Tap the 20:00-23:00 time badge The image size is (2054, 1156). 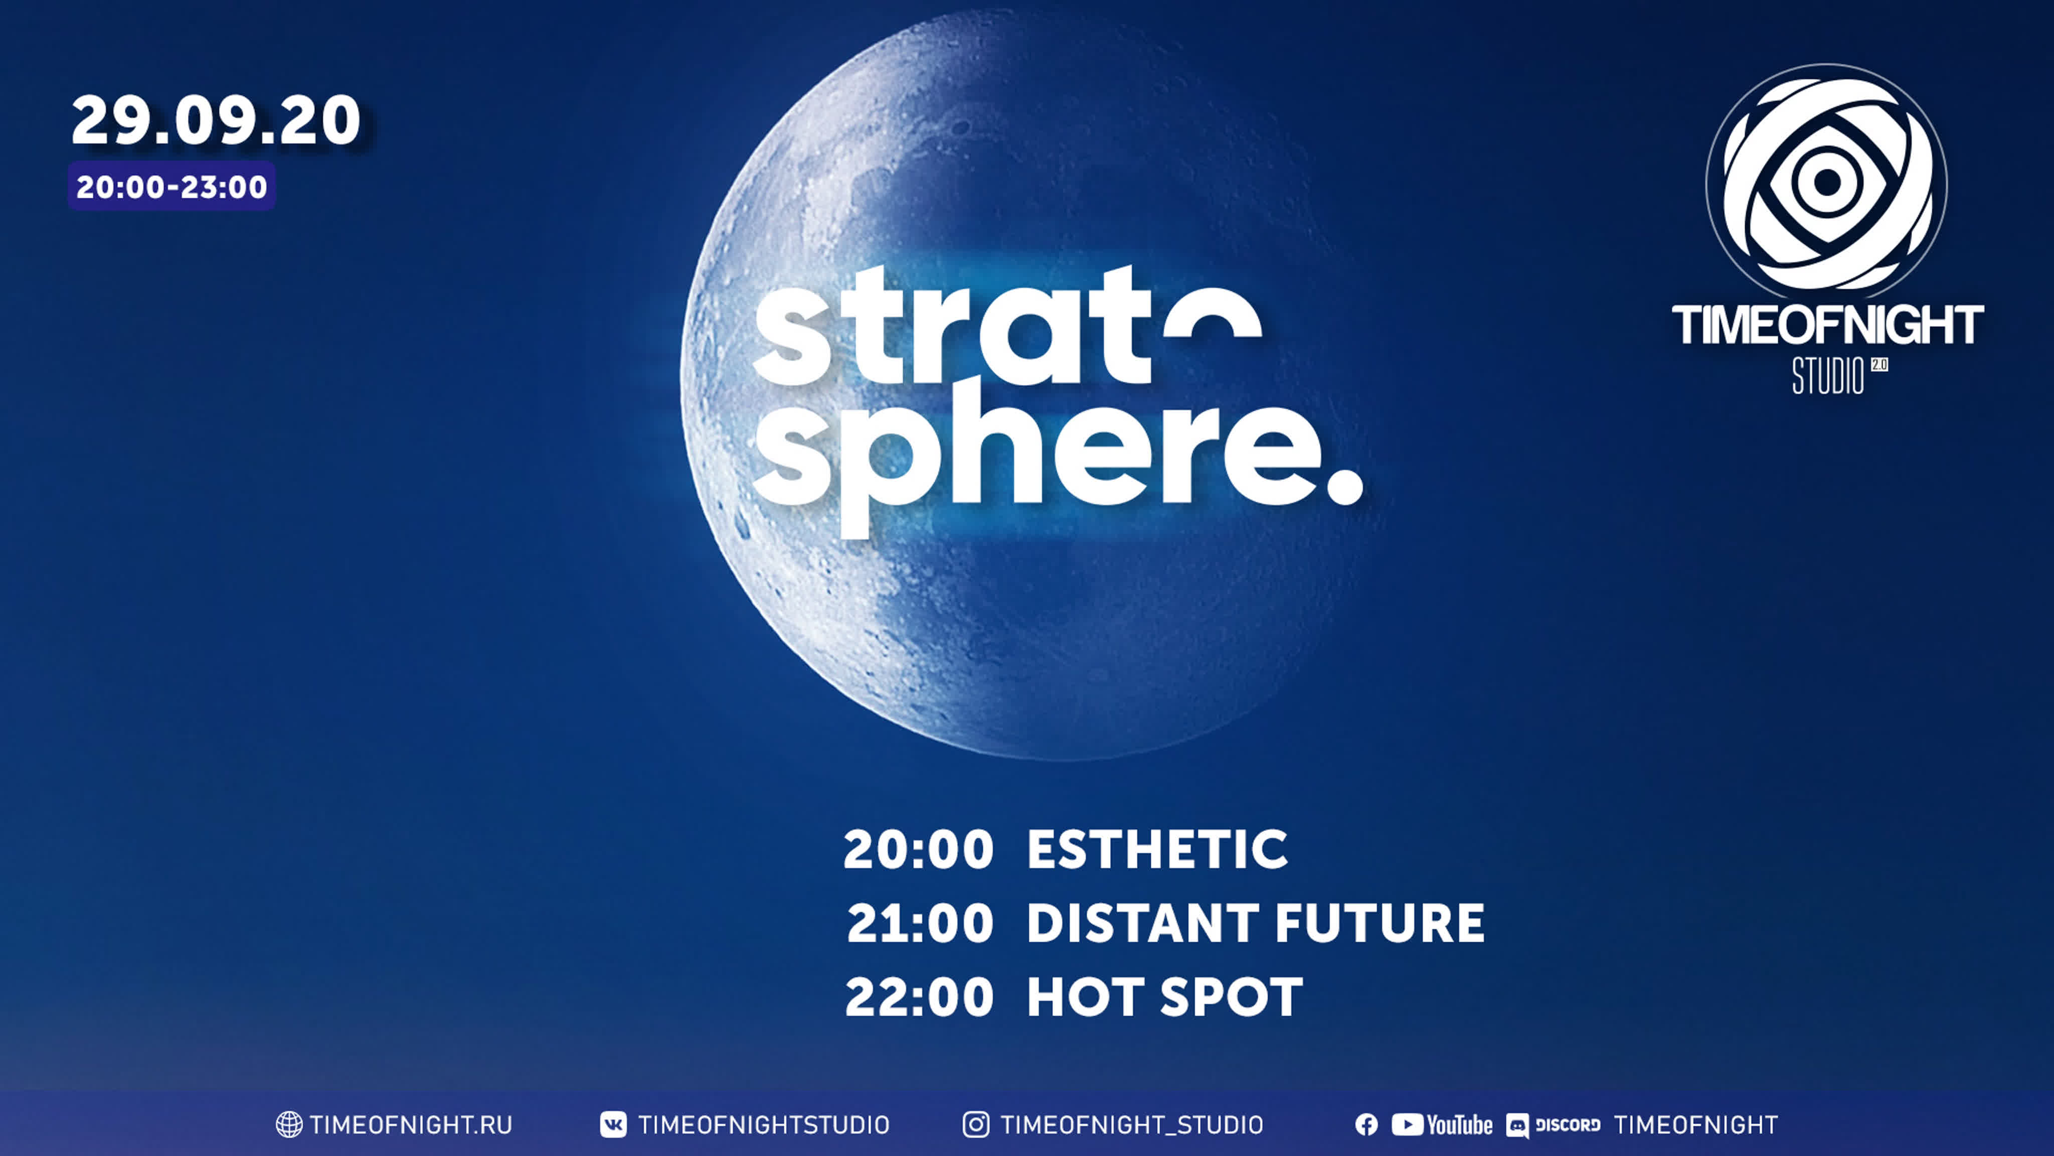(172, 186)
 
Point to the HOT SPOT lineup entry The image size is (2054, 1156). (1164, 997)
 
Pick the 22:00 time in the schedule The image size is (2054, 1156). (919, 997)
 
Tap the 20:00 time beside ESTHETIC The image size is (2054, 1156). (918, 849)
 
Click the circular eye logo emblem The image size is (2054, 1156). (1826, 183)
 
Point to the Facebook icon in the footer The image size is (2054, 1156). (1366, 1125)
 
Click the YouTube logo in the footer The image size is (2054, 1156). (1442, 1125)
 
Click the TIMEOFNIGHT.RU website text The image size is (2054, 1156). (411, 1125)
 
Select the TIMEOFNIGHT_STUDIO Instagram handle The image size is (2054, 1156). (1131, 1125)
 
